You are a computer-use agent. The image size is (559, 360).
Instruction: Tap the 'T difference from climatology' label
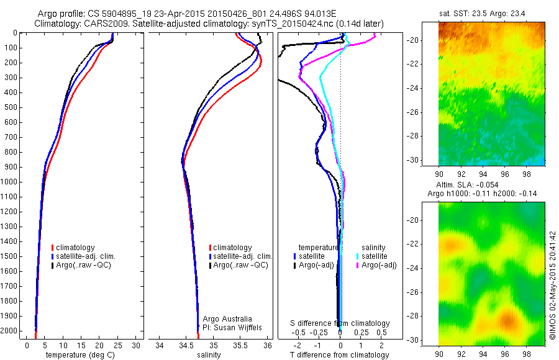click(x=339, y=355)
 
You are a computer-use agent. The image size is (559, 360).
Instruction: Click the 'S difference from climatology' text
click(x=340, y=323)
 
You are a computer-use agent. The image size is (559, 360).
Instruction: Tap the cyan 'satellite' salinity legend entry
click(x=375, y=256)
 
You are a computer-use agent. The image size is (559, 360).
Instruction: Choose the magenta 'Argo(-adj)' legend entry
click(x=376, y=265)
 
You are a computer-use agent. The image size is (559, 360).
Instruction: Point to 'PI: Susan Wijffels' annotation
click(x=231, y=327)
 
